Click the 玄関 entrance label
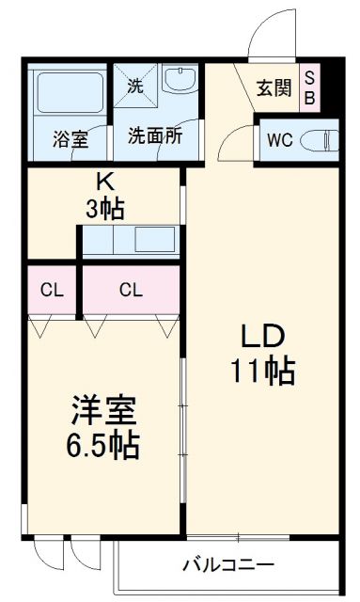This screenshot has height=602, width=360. point(273,89)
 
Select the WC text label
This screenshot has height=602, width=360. point(279,140)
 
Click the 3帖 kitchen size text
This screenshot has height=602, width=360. point(105,208)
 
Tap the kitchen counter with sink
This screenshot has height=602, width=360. point(131,240)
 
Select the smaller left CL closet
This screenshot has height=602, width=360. point(51,290)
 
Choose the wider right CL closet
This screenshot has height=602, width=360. point(131,290)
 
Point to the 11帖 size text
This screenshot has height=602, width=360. point(262,372)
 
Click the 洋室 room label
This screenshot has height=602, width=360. point(104,411)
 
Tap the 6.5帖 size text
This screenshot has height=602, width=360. point(104,444)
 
